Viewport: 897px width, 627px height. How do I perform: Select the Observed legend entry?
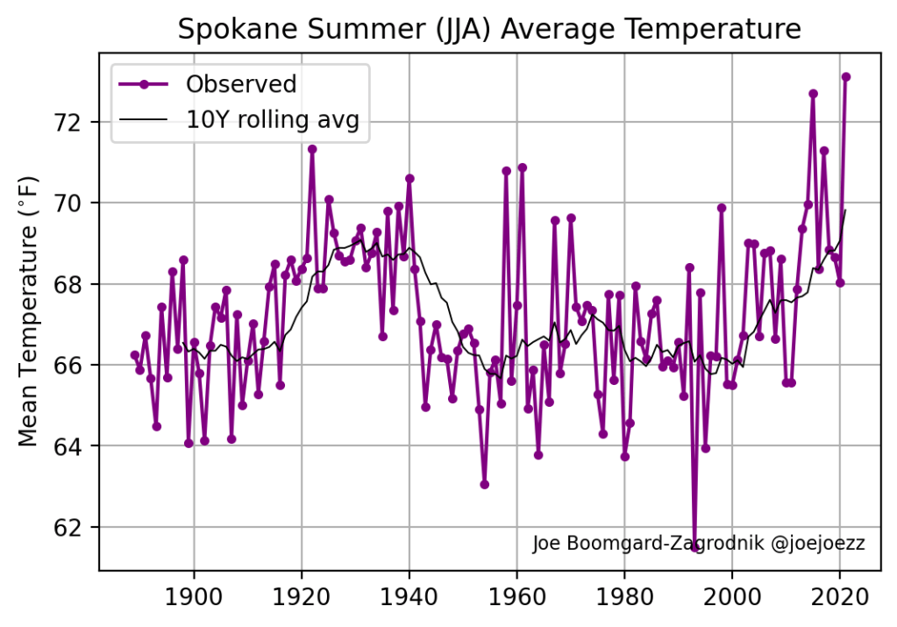click(241, 84)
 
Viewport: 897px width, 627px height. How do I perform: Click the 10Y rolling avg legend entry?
click(273, 120)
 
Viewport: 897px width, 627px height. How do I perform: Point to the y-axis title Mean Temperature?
click(29, 310)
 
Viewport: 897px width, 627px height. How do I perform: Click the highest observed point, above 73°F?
click(846, 77)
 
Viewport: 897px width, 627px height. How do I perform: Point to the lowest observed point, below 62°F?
click(694, 547)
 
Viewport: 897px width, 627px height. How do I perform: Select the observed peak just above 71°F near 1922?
click(312, 149)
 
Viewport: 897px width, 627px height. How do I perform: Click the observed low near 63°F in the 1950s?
click(484, 484)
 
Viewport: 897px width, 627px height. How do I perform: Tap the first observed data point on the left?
click(134, 355)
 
